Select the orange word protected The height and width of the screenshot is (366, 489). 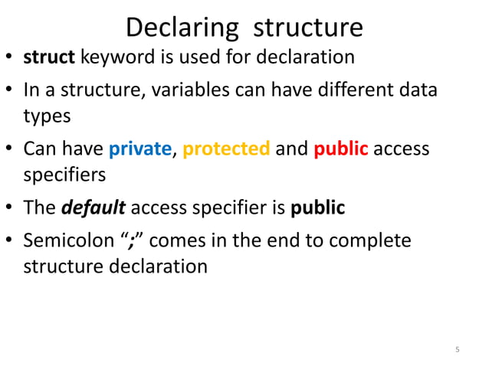coord(227,149)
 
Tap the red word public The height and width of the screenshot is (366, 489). coord(341,149)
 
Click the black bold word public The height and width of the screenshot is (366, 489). coord(317,208)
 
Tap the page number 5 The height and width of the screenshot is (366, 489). coord(458,350)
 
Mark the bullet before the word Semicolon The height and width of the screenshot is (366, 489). coord(11,241)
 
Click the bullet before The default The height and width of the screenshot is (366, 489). coord(11,209)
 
